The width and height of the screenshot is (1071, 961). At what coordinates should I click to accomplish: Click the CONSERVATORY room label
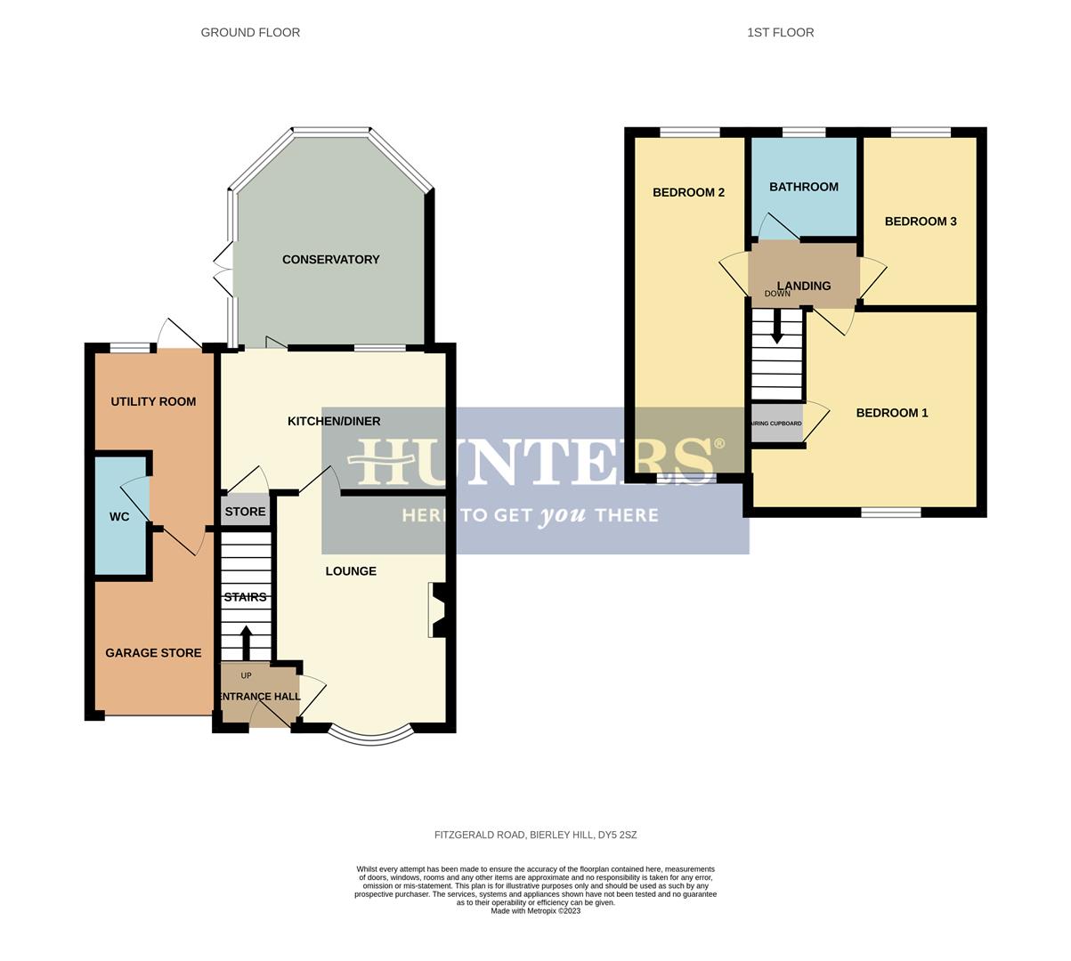(330, 260)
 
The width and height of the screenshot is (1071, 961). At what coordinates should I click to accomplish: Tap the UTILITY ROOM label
(153, 401)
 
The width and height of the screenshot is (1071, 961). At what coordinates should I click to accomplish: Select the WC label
(119, 517)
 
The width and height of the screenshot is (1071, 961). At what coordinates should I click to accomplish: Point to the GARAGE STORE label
(153, 653)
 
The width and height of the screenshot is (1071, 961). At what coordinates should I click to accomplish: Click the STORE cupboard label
(245, 512)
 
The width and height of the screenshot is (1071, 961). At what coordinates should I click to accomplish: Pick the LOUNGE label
(351, 571)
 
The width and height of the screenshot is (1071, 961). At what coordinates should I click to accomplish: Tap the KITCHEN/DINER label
(334, 421)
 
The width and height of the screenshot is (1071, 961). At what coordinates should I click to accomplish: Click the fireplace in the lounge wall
(439, 610)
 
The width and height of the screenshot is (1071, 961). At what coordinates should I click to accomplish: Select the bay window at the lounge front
(371, 735)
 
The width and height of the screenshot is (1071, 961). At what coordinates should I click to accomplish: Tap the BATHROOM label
(803, 187)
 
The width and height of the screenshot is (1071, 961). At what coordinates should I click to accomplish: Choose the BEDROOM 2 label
(688, 192)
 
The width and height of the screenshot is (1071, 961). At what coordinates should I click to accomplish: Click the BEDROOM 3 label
(921, 222)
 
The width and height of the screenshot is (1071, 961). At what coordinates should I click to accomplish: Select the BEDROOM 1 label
(891, 413)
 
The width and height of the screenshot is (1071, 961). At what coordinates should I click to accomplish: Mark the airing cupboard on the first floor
(777, 424)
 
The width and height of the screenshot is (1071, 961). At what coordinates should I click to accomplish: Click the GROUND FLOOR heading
(250, 33)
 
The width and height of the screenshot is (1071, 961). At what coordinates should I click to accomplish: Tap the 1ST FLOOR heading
(780, 33)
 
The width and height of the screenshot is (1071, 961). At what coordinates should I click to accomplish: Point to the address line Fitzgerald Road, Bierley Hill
(535, 836)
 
